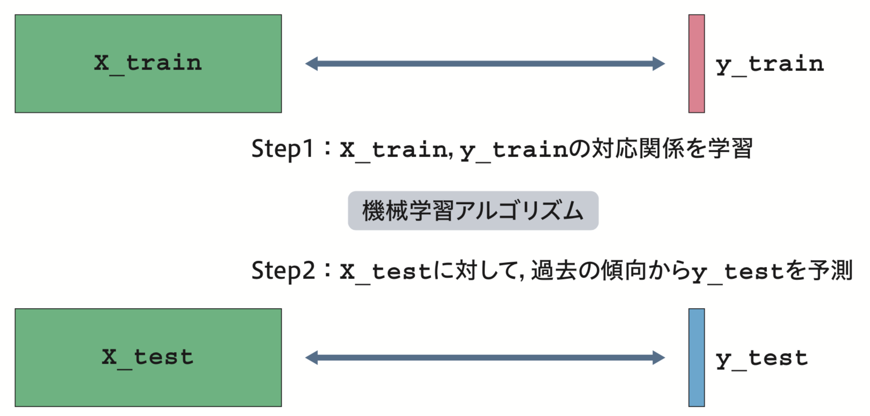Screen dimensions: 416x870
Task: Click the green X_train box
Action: point(148,63)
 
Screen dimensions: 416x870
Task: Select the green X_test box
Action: point(148,357)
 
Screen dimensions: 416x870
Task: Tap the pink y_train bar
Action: point(696,63)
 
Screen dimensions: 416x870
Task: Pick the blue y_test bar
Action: point(696,357)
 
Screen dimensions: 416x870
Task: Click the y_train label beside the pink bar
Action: point(769,64)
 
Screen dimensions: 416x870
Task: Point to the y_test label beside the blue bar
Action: point(762,358)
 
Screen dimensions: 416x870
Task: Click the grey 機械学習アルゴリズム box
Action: point(473,210)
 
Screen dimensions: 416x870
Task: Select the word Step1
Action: point(283,149)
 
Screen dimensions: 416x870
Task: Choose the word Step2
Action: point(283,270)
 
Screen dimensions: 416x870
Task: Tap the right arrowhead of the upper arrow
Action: point(659,63)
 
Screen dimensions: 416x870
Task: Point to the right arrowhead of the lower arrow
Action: point(659,357)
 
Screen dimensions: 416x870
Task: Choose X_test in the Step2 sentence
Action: point(385,271)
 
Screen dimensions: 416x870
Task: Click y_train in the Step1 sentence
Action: point(513,150)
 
